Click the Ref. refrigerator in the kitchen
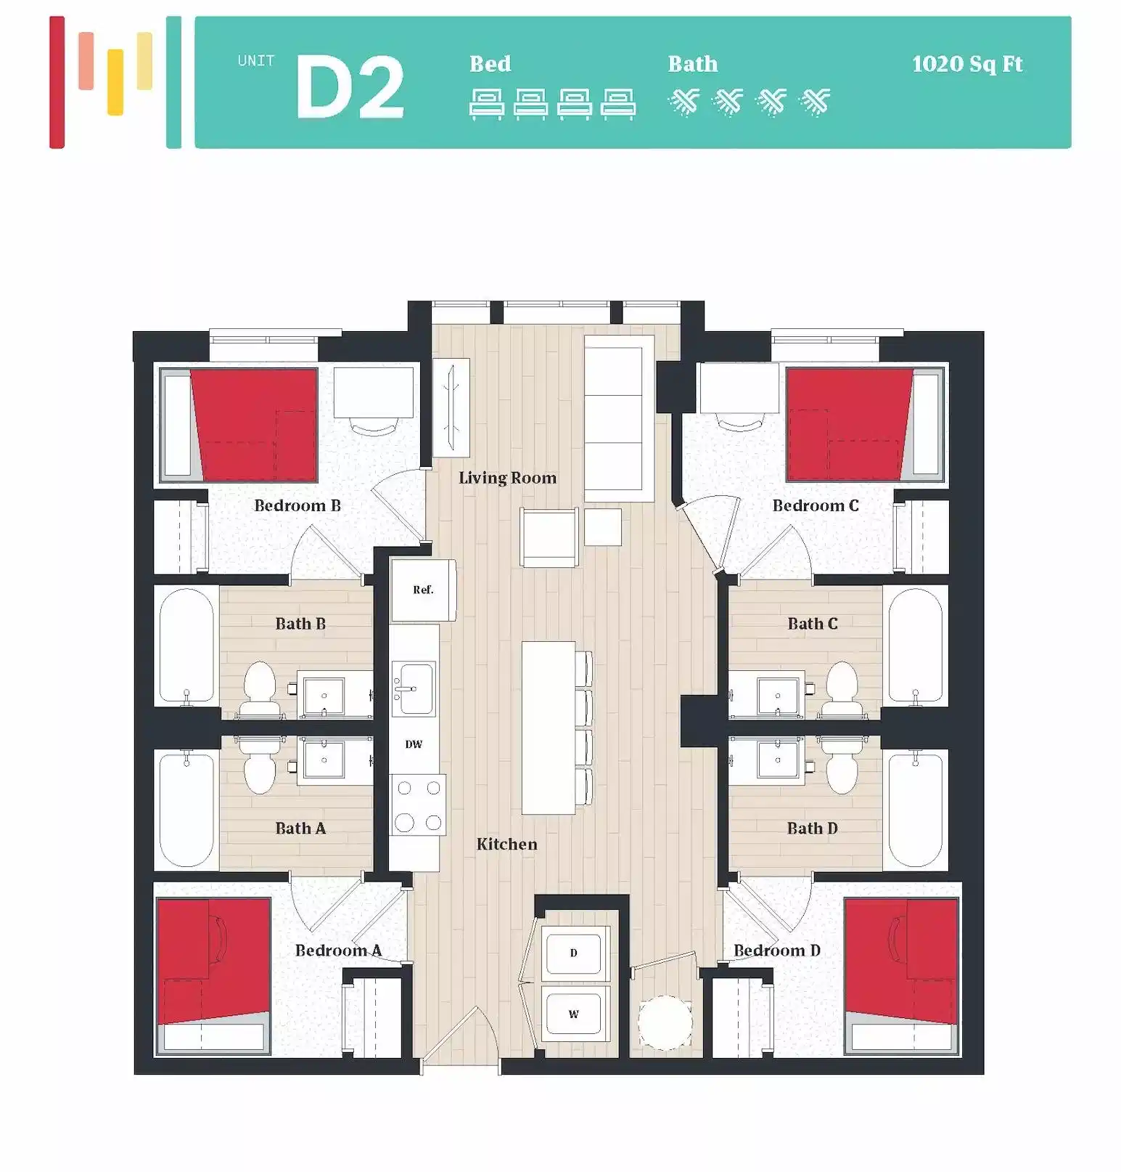[x=423, y=590]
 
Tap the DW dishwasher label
[x=414, y=744]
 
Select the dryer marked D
[x=573, y=953]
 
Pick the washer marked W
[x=573, y=1014]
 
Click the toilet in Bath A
[x=259, y=766]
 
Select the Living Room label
[x=507, y=478]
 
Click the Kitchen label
[x=506, y=844]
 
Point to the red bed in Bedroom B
[x=254, y=425]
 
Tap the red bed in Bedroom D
[x=902, y=960]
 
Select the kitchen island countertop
[x=549, y=727]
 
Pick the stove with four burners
[x=418, y=805]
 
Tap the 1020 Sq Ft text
[x=966, y=64]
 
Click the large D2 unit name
[x=350, y=88]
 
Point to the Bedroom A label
[x=338, y=950]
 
